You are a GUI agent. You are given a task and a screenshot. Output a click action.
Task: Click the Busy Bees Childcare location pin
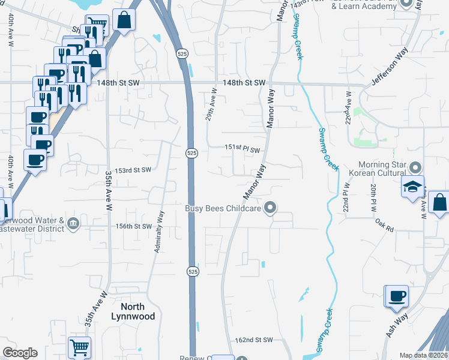(271, 208)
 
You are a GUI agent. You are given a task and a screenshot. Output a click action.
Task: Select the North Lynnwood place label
(134, 311)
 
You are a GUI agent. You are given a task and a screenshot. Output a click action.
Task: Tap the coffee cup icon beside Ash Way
(396, 296)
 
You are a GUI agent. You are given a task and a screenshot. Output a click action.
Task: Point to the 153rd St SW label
(133, 170)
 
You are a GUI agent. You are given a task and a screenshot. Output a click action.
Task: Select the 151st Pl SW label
(243, 149)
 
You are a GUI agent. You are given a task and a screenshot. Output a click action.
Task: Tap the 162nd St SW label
(254, 340)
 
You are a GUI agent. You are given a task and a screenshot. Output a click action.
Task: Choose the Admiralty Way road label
(159, 231)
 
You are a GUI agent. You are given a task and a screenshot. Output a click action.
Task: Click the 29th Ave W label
(211, 106)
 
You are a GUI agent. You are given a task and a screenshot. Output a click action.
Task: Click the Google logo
(20, 353)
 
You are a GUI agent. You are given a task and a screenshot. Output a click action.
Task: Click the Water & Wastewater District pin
(73, 223)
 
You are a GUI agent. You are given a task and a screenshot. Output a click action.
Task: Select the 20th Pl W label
(373, 198)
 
